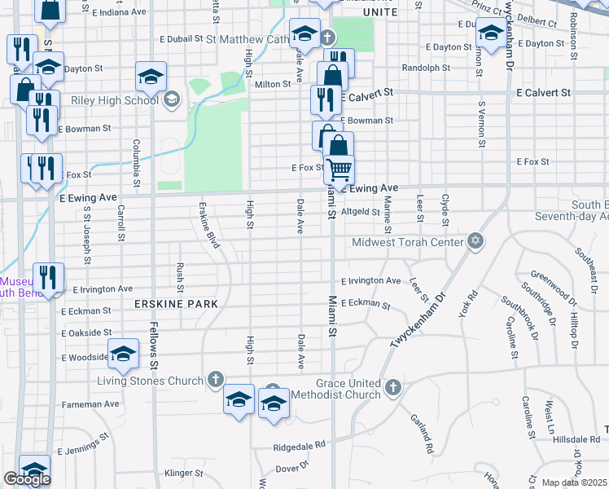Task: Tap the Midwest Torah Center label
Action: (407, 242)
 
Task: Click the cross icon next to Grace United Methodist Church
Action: (392, 388)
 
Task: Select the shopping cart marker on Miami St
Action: (339, 170)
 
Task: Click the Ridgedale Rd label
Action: (299, 446)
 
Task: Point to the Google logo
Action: (27, 479)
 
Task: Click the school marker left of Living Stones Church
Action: (123, 353)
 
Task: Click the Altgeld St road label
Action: (361, 211)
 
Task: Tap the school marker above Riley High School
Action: (151, 76)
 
